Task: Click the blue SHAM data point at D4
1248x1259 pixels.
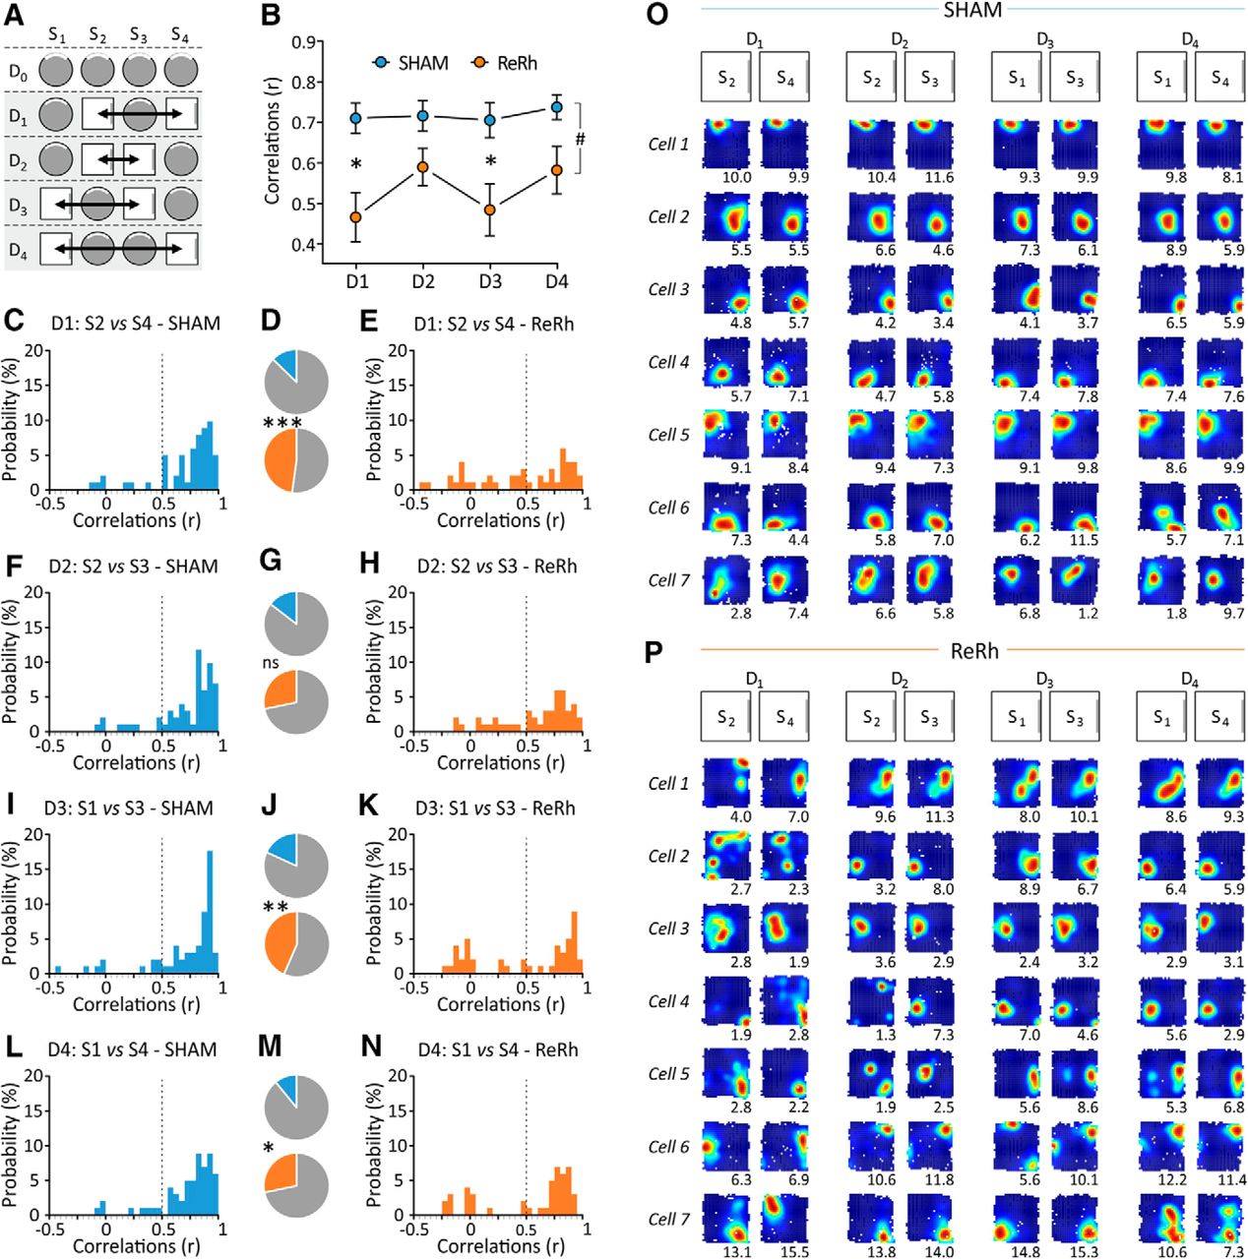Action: point(556,107)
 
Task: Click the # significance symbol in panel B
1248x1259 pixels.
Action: point(581,140)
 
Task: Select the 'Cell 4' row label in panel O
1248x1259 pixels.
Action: point(669,362)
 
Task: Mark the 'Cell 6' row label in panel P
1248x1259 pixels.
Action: point(669,1147)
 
